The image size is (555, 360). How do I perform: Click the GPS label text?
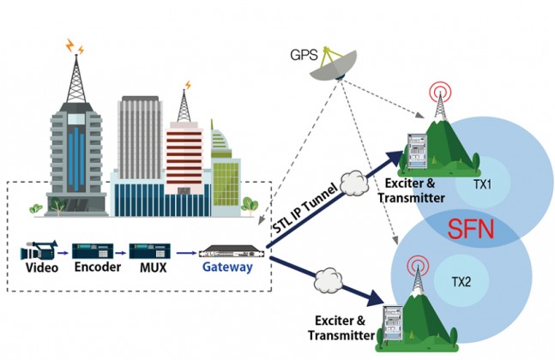[304, 55]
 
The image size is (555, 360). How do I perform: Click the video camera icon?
[39, 250]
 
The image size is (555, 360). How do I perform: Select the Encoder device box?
[93, 251]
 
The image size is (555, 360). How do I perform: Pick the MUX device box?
[150, 251]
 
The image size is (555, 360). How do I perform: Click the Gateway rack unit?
[232, 251]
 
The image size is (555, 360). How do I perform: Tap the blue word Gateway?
[227, 267]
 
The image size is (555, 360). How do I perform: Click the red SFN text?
[470, 229]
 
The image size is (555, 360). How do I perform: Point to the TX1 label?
[482, 184]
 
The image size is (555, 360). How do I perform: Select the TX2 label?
[461, 282]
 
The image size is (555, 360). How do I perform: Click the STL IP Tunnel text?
[305, 208]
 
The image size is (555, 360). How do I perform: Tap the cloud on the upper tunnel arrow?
[354, 183]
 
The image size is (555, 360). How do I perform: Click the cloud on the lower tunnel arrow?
[329, 280]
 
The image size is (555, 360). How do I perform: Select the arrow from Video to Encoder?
[63, 253]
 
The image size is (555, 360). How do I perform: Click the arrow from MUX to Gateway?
[186, 253]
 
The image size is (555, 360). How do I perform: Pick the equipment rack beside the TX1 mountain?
[417, 152]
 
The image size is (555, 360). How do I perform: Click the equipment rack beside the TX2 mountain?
[393, 324]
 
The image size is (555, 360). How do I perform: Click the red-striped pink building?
[184, 158]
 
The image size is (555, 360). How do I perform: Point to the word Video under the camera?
[42, 267]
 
